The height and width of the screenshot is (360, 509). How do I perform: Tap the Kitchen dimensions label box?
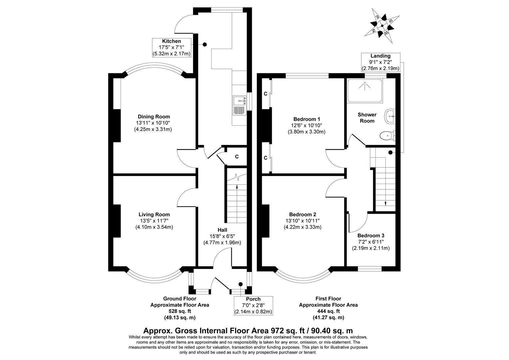click(x=172, y=47)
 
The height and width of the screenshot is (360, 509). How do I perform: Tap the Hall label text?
click(x=222, y=230)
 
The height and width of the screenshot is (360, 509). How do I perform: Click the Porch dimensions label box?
click(x=253, y=305)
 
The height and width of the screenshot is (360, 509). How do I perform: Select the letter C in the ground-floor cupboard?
click(x=237, y=156)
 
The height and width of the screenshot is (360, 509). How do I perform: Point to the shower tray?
click(x=364, y=90)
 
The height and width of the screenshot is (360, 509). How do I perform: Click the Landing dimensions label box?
click(x=380, y=62)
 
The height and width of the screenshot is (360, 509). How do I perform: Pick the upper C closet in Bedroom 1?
click(x=265, y=94)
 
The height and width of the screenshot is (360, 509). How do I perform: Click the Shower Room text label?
click(x=367, y=118)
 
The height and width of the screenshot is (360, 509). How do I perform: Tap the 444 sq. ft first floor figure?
click(x=328, y=311)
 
